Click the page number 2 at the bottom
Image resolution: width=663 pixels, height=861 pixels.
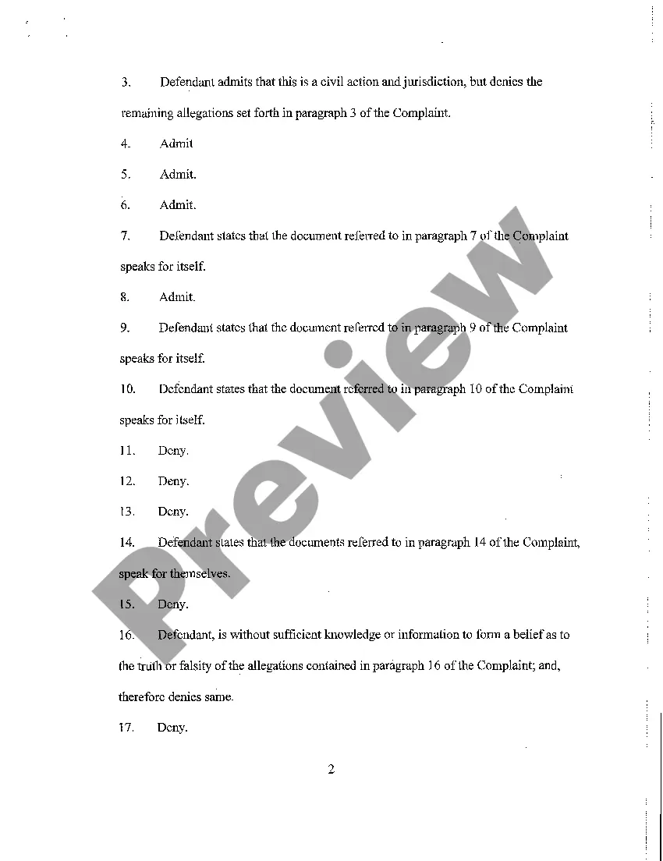(x=331, y=770)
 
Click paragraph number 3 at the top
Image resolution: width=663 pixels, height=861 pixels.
(x=125, y=82)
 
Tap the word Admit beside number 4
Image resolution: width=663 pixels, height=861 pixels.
(x=176, y=143)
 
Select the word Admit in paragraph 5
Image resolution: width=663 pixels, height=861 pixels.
(x=177, y=175)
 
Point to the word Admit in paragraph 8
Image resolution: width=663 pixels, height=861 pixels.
(x=176, y=297)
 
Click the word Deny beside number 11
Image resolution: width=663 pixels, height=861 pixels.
(x=172, y=451)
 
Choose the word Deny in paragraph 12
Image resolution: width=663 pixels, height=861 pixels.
(x=172, y=481)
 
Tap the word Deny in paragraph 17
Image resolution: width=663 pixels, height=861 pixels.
(x=172, y=728)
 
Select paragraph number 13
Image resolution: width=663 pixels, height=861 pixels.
(x=127, y=512)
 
